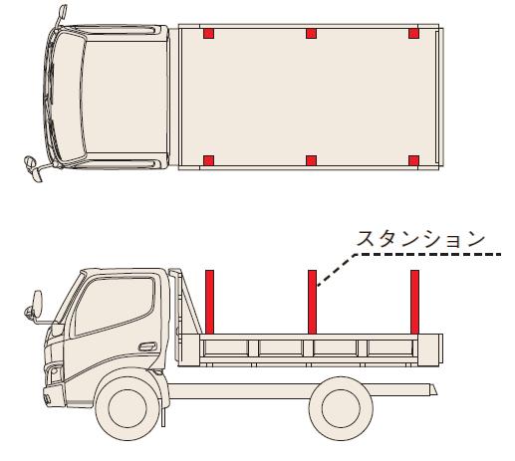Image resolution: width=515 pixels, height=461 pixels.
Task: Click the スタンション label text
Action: coord(420,239)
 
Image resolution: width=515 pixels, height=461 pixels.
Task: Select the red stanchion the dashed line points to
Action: coord(312,302)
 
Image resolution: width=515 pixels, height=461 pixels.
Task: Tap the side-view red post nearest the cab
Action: coord(209,302)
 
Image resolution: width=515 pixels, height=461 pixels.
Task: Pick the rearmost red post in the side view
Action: coord(414,302)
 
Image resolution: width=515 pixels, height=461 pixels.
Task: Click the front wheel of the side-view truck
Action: coord(128,408)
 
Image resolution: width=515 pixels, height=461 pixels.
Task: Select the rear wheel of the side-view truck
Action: coord(341,408)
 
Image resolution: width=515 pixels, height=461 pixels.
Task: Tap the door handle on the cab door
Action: coord(147,346)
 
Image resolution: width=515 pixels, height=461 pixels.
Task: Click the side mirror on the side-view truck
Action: coord(37,304)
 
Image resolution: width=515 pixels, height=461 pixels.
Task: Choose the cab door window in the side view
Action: coord(115,305)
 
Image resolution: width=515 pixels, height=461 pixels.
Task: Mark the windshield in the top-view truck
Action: coord(69,98)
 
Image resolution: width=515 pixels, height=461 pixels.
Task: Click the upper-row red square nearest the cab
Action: coord(208,34)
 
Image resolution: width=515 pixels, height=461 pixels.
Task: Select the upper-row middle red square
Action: coord(311,34)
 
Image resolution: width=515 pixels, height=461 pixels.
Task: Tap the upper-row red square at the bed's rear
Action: coord(413,34)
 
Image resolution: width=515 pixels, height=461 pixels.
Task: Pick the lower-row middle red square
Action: coord(311,160)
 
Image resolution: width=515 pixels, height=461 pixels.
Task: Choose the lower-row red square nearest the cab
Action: coord(208,160)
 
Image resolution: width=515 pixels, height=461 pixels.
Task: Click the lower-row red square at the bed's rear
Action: coord(413,160)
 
